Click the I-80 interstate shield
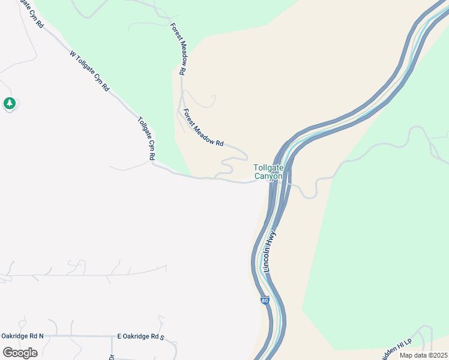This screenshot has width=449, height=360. point(265,300)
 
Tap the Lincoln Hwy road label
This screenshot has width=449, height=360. point(270,251)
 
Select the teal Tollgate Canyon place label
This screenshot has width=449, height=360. point(268,172)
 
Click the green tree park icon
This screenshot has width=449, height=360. point(9,104)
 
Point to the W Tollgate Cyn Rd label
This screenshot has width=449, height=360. point(89,71)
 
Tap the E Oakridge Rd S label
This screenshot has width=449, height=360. point(140,337)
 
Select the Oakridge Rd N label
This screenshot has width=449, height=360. point(22,336)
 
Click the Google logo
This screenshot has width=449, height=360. point(20,352)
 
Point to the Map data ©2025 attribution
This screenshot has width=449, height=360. point(423,355)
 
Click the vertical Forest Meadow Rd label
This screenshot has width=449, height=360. point(178,49)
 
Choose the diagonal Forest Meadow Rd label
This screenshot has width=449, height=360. point(203,128)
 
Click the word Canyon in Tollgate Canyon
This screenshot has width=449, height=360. point(268,176)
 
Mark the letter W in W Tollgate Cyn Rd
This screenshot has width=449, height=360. point(73,53)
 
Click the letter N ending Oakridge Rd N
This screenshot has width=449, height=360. point(41,336)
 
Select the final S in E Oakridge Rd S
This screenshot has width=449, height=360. point(162,337)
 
